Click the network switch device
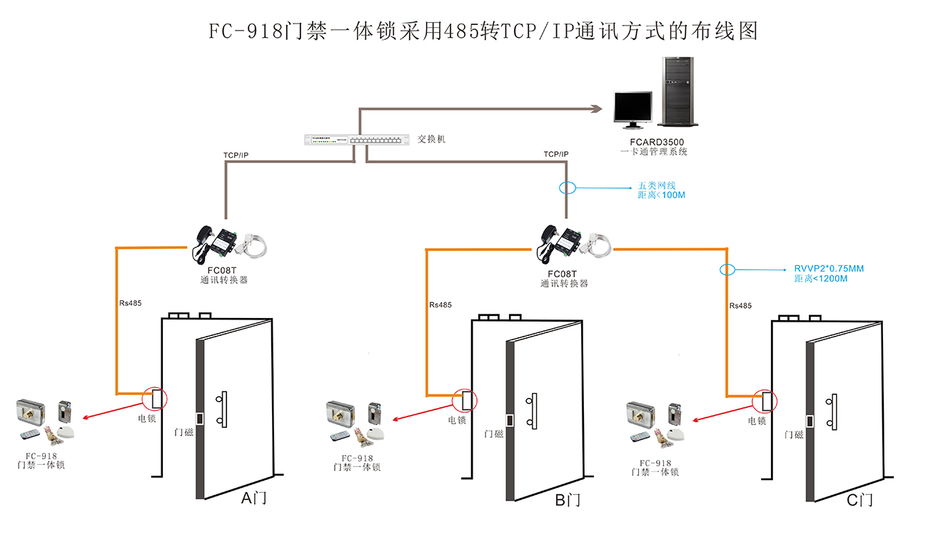(354, 140)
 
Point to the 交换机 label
(431, 139)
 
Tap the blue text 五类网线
(651, 185)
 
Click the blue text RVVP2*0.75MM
(829, 269)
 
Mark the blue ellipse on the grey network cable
(567, 189)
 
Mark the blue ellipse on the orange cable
(727, 270)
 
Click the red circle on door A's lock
(154, 397)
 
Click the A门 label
(254, 499)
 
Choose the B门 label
(568, 500)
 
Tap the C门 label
(859, 500)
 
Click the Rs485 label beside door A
(130, 303)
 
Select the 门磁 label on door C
(793, 434)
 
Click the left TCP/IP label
(236, 155)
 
